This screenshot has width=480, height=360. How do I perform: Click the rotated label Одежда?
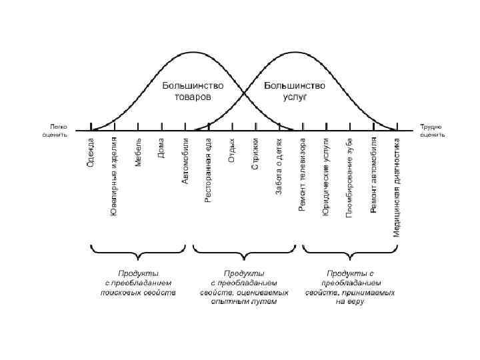[x=91, y=153]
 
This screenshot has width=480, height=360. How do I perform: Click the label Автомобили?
[x=185, y=161]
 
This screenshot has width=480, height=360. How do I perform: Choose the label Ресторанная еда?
[x=209, y=170]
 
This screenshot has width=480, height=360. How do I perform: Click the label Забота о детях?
[x=279, y=167]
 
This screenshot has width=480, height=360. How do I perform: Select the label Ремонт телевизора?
[x=303, y=175]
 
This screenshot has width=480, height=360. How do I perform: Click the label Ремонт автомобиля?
[x=373, y=175]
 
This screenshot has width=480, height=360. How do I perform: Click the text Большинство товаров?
[x=193, y=91]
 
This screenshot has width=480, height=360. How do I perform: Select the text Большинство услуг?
[x=294, y=91]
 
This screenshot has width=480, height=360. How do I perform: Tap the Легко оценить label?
[x=55, y=130]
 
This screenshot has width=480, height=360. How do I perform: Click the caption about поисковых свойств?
[x=138, y=283]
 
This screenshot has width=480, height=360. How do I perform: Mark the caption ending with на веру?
[x=350, y=287]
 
